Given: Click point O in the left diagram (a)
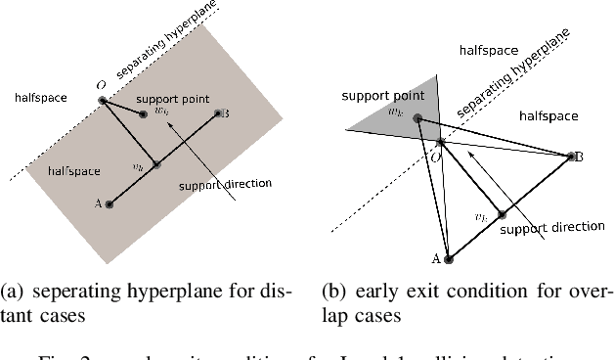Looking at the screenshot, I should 102,100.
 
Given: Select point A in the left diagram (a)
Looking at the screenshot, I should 110,203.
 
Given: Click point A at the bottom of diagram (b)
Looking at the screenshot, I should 449,258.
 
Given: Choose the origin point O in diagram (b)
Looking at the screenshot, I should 440,143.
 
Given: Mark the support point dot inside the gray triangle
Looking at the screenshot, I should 417,119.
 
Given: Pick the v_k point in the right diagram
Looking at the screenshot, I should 502,214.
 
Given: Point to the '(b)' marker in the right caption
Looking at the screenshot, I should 334,291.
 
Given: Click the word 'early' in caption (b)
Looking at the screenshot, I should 382,291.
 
